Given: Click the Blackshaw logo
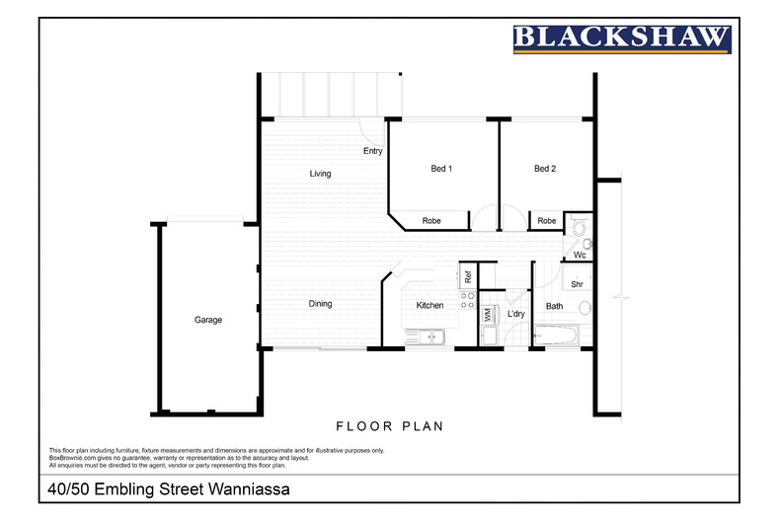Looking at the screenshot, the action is tap(622, 39).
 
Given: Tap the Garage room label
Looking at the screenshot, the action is tap(208, 320).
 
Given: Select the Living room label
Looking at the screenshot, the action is tap(320, 174).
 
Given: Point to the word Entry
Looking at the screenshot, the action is tap(372, 151).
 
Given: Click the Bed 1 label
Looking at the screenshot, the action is tap(441, 169).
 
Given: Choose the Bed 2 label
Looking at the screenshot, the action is tap(545, 169).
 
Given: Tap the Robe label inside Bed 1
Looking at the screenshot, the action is tap(431, 221).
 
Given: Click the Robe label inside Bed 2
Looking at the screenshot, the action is tap(547, 221).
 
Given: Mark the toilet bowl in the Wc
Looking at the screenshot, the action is tap(579, 226).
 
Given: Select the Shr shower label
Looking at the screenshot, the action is tap(577, 284).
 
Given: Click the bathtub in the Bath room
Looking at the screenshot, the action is tap(556, 334).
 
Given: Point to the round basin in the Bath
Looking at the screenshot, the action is tap(585, 308).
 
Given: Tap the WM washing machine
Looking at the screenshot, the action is tap(488, 315).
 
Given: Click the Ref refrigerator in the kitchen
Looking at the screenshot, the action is tap(468, 276).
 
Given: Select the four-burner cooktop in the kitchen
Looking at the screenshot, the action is tap(468, 300).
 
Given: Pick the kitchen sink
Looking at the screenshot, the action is tap(426, 337).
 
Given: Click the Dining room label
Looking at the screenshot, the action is tap(320, 304).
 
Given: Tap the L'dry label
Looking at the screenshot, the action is tap(515, 314).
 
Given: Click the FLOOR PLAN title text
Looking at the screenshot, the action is tap(389, 426).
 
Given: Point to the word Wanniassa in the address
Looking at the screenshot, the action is tap(249, 489).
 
